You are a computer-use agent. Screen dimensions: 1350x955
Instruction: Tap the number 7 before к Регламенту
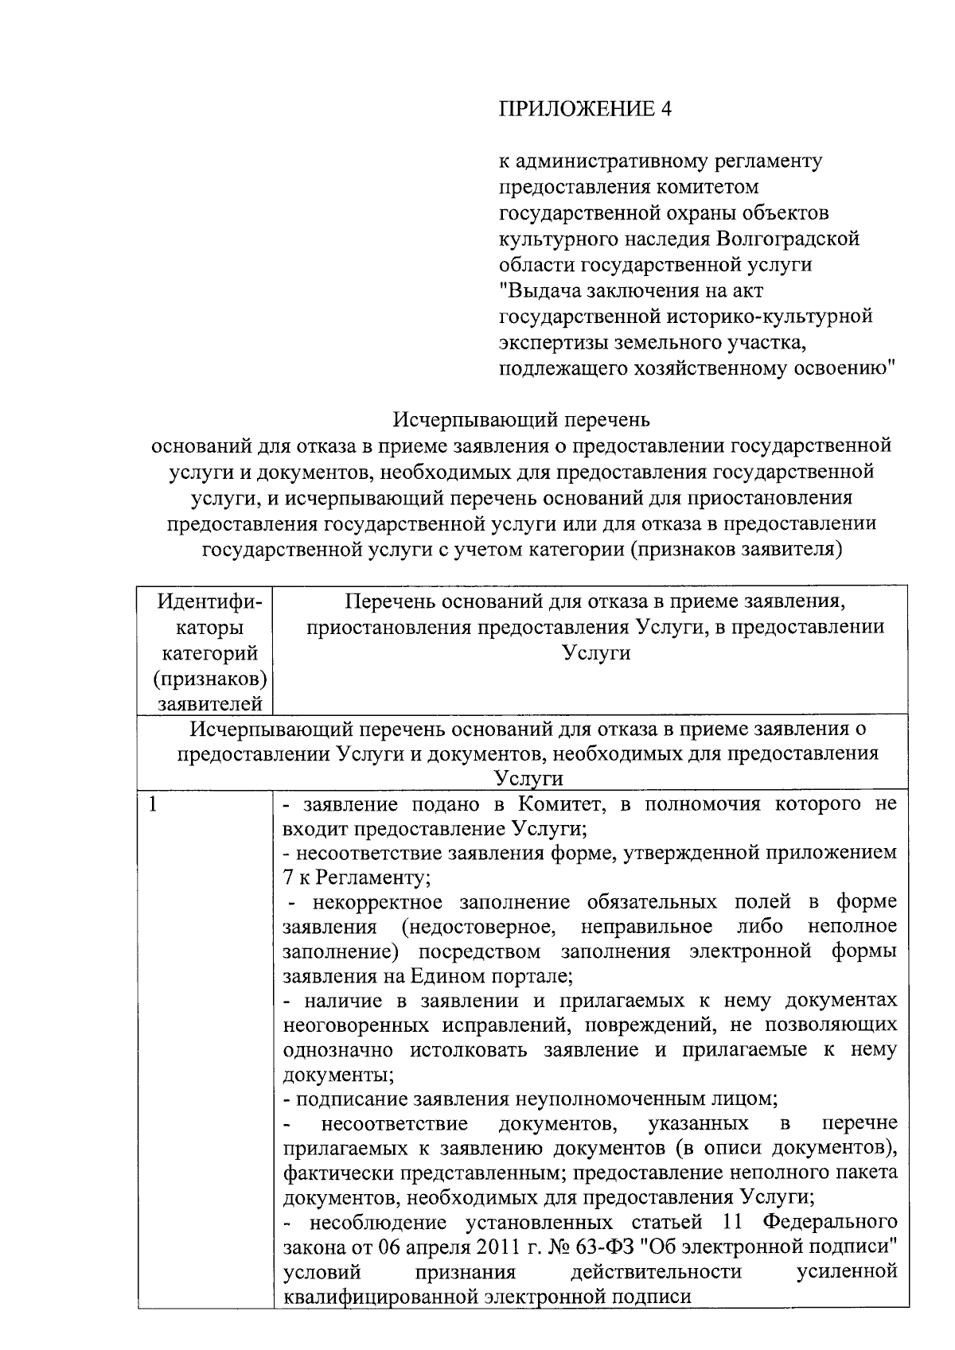point(289,878)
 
